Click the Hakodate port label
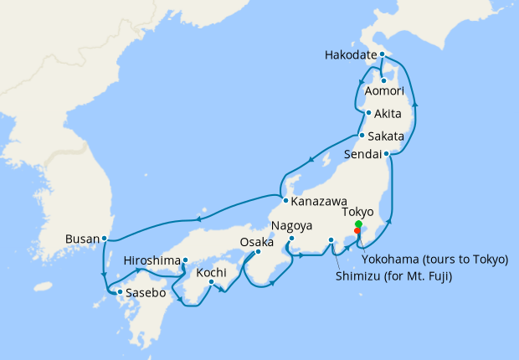349,56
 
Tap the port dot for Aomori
383,80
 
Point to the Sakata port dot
361,136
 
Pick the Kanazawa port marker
285,201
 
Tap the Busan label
82,239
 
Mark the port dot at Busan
104,239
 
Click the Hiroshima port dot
185,260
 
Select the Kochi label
211,272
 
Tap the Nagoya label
291,226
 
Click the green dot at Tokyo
358,224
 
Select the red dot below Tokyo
358,232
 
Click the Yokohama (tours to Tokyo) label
434,260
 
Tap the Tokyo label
358,213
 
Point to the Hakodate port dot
382,54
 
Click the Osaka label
257,241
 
